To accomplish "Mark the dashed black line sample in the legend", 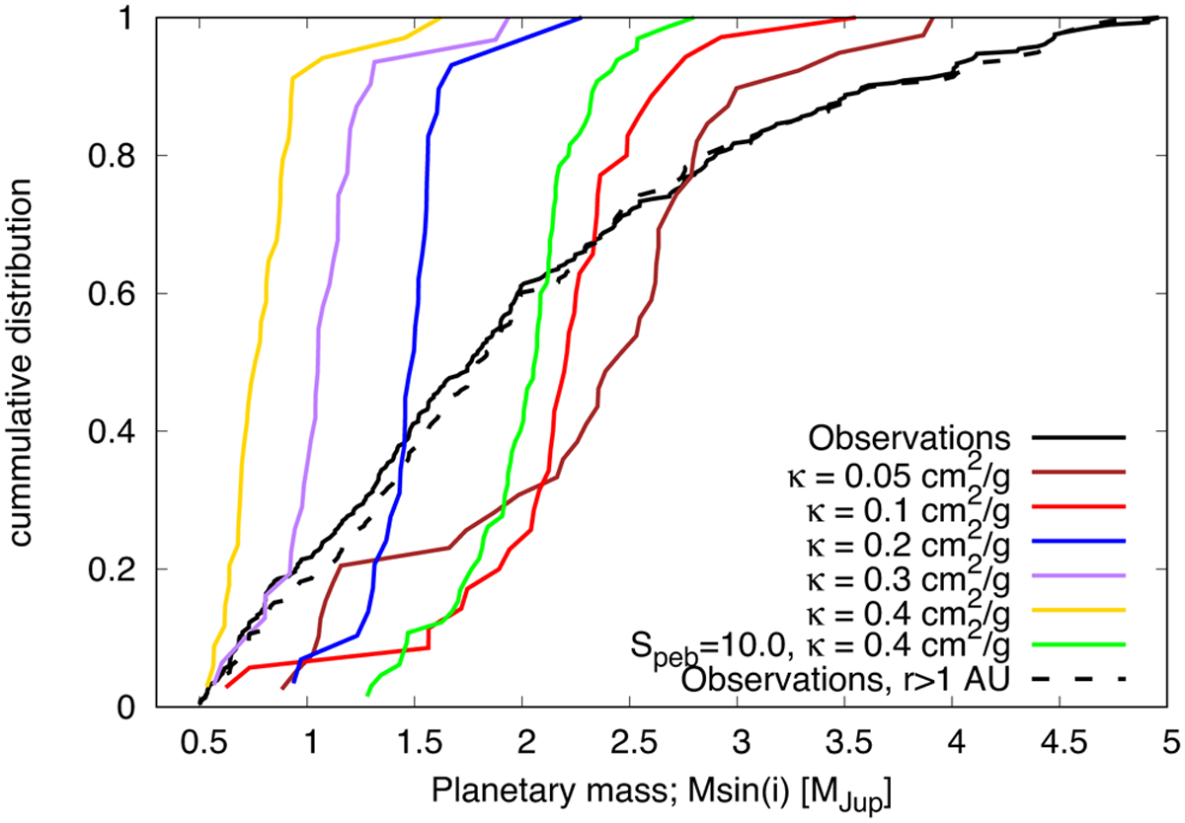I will click(x=1084, y=679).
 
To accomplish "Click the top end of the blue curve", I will click(x=581, y=18).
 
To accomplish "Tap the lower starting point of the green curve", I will click(x=368, y=695).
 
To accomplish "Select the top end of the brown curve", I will click(x=932, y=18).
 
